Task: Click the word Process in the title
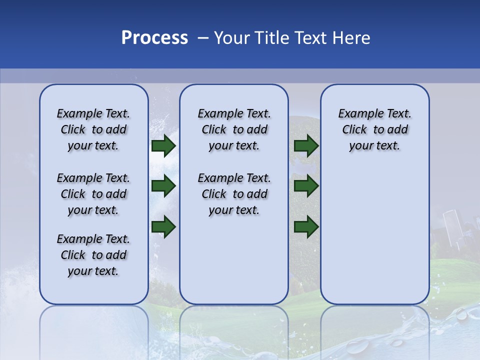click(154, 38)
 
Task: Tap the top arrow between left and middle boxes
click(163, 146)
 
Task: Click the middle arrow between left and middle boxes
click(163, 186)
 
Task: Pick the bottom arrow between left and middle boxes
click(163, 226)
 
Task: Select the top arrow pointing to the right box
click(306, 146)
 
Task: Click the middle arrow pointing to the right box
click(306, 186)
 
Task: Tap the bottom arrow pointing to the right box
click(306, 226)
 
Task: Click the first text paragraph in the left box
click(93, 129)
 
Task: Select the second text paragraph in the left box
click(93, 194)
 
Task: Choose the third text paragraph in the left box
click(93, 255)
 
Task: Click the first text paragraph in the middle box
click(234, 129)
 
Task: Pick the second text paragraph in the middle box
click(234, 194)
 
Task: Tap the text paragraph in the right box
click(374, 129)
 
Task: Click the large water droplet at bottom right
click(460, 314)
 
